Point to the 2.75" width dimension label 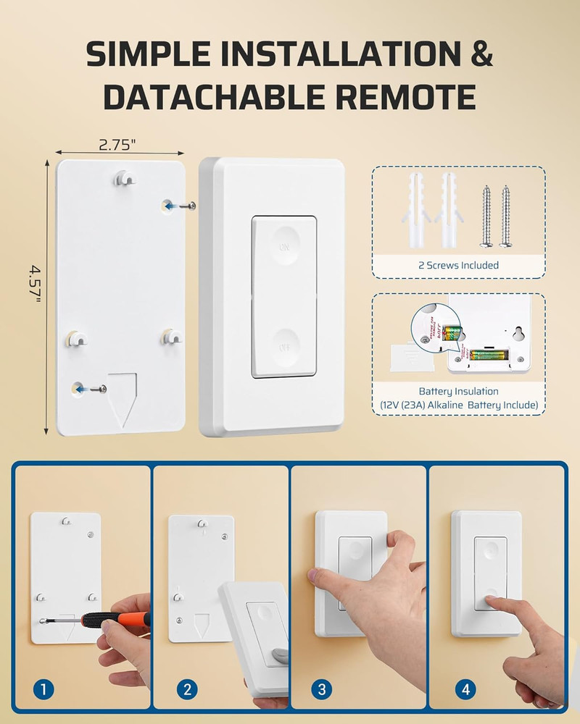pyautogui.click(x=117, y=145)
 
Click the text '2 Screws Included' pyautogui.click(x=458, y=265)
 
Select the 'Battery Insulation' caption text pyautogui.click(x=458, y=391)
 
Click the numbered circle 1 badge pyautogui.click(x=44, y=690)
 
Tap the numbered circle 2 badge pyautogui.click(x=186, y=690)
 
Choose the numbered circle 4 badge pyautogui.click(x=459, y=690)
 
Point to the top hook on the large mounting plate pyautogui.click(x=125, y=177)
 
